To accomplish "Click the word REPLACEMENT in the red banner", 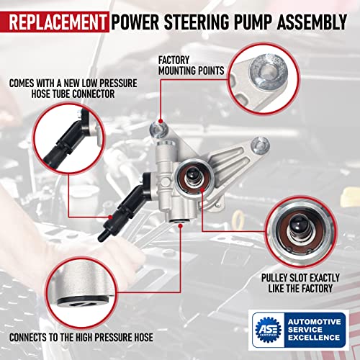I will click(55, 16).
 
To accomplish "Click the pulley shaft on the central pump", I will click(194, 174).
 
